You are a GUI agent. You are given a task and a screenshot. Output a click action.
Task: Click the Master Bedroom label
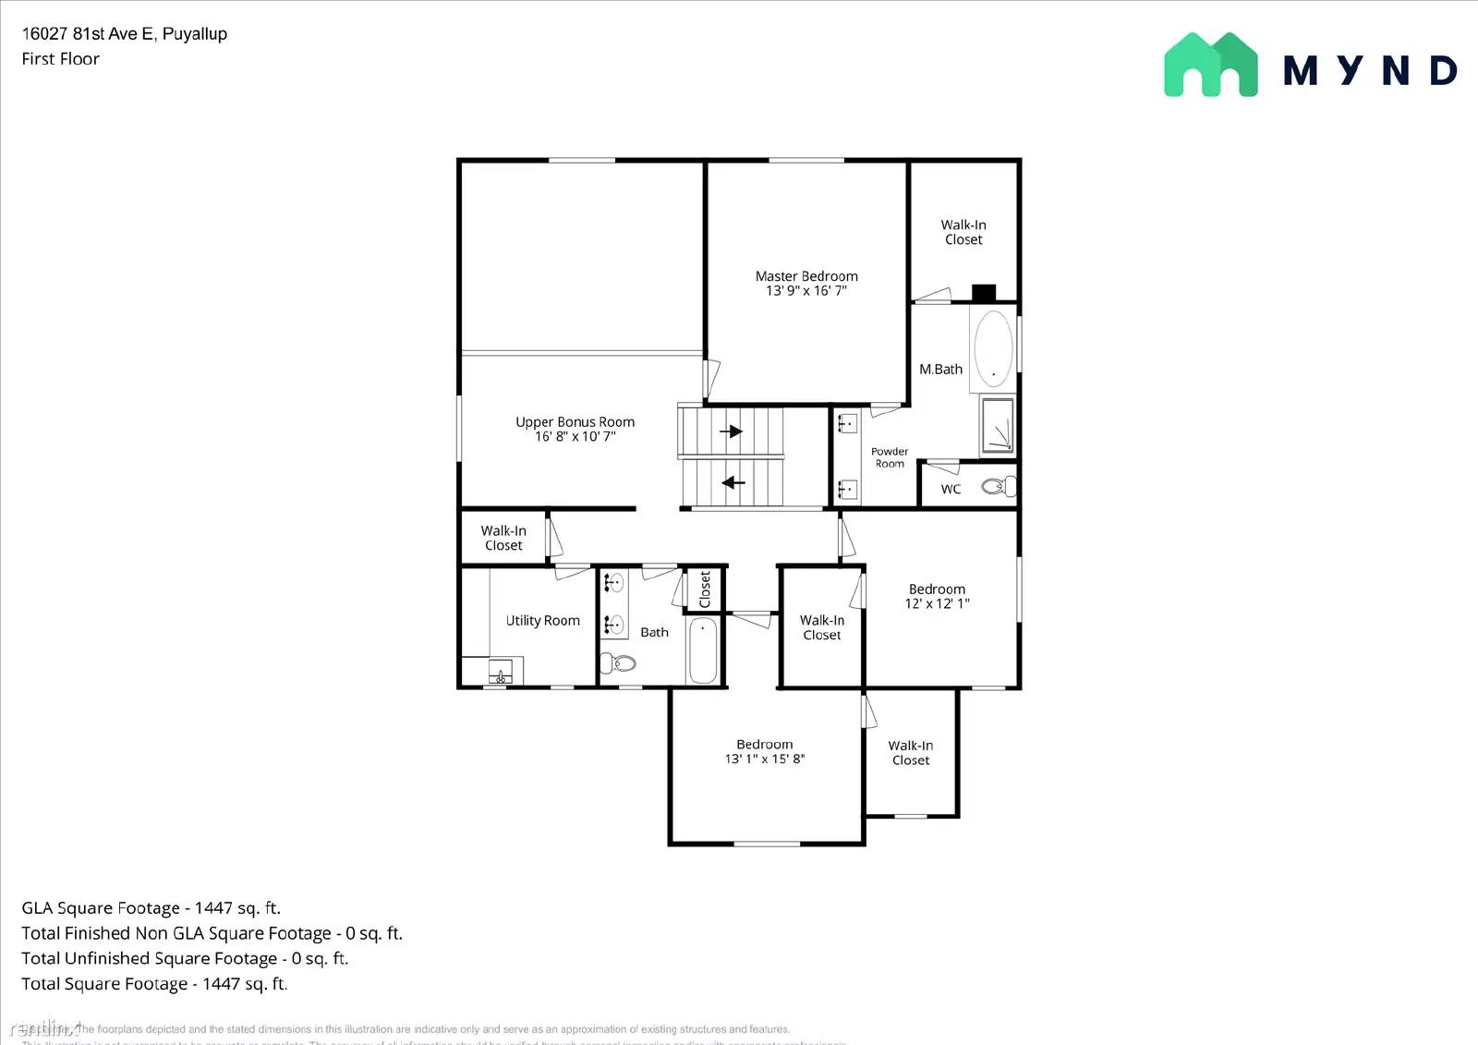(806, 276)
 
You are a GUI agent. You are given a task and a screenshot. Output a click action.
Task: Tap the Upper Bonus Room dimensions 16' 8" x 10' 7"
(575, 437)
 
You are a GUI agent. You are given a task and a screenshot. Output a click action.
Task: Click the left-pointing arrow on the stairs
(733, 482)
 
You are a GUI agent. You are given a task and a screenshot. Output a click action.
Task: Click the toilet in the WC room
(997, 486)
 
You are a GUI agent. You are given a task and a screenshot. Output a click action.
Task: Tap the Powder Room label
(890, 457)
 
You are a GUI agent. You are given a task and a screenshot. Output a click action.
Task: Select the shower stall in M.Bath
(998, 425)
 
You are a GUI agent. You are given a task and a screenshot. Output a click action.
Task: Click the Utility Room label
(542, 621)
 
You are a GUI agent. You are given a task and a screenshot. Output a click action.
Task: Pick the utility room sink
(500, 672)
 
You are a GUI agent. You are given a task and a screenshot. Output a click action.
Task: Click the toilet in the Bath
(619, 662)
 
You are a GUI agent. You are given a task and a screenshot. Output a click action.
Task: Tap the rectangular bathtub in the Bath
(703, 650)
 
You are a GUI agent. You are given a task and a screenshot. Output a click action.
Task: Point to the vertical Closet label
(705, 589)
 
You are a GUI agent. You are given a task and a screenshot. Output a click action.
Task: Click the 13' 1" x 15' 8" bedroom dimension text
(764, 759)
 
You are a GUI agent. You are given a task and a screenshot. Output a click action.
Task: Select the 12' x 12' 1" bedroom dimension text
(937, 604)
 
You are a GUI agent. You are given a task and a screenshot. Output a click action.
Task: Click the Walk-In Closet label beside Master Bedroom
(963, 232)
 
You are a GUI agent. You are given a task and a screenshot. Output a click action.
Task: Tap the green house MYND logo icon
(1210, 65)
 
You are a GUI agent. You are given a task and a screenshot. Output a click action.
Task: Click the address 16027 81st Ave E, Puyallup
(125, 34)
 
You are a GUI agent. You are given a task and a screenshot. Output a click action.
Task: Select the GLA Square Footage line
(151, 908)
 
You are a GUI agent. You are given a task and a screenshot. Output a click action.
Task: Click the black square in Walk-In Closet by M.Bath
(984, 293)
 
